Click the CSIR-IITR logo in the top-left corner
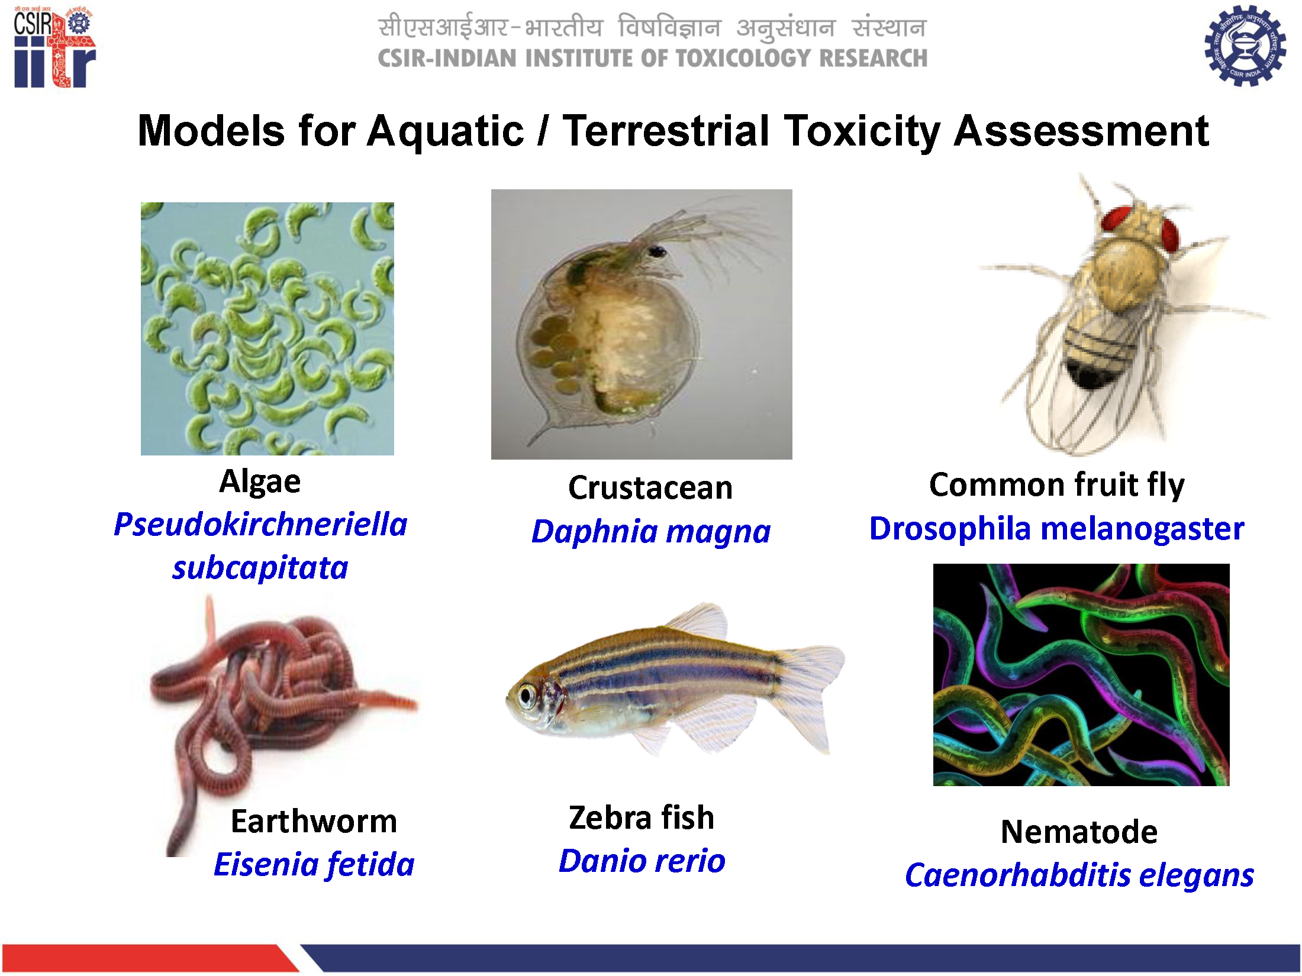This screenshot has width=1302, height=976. (54, 47)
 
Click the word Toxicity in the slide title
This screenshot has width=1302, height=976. (862, 131)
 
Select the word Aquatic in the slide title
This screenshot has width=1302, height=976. (446, 131)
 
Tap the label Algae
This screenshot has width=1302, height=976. (260, 481)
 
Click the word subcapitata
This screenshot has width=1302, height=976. (260, 568)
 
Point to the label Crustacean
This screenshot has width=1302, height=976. (650, 488)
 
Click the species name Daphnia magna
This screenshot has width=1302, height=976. (651, 531)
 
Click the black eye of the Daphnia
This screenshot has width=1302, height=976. (656, 251)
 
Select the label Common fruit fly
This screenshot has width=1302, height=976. (1057, 484)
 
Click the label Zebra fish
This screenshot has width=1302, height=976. (642, 817)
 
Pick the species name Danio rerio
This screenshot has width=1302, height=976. (642, 861)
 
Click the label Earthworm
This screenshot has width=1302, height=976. (314, 821)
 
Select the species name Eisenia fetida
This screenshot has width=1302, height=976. (314, 865)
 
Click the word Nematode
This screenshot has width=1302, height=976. (1079, 832)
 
